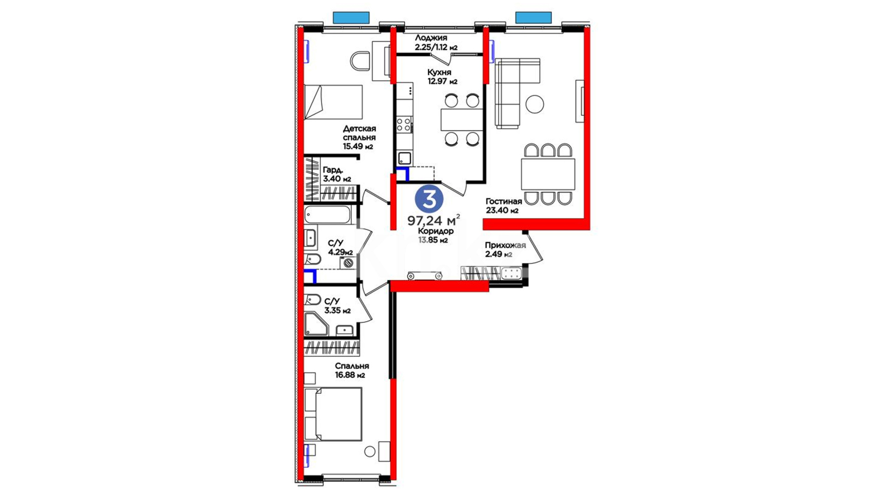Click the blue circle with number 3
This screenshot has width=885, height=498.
click(429, 199)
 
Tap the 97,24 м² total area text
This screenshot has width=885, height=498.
click(433, 220)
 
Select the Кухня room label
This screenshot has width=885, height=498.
click(439, 72)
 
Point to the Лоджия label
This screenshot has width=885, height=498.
click(431, 38)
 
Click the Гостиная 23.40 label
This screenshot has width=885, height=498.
click(503, 206)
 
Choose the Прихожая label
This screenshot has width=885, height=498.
click(505, 245)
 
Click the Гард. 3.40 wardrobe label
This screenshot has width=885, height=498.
click(337, 174)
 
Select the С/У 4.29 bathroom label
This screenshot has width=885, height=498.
click(340, 248)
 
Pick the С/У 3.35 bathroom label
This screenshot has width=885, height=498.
click(337, 306)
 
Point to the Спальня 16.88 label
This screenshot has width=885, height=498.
click(352, 370)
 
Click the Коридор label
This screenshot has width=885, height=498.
click(436, 231)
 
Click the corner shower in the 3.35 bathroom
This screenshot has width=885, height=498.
click(317, 324)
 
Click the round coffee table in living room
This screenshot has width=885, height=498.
click(535, 104)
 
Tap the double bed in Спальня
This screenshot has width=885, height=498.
click(333, 415)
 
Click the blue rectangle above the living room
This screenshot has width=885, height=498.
click(533, 18)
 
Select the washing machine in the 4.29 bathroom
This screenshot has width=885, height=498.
click(348, 263)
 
